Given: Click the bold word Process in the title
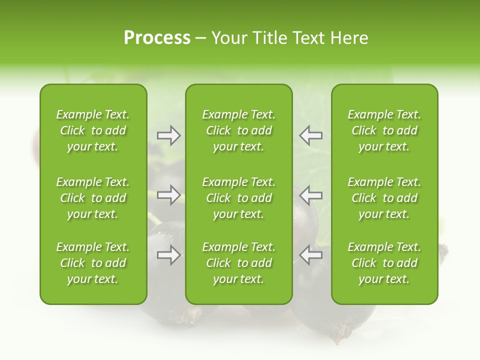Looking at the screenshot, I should [x=157, y=38].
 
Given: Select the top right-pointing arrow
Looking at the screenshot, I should [x=168, y=135].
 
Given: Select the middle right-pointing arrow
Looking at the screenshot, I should [x=168, y=194].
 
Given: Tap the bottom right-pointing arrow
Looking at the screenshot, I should [x=168, y=255].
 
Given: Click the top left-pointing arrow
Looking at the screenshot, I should [x=310, y=135].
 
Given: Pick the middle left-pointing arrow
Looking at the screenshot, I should [x=310, y=194].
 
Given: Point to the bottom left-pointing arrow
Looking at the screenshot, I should [x=310, y=255].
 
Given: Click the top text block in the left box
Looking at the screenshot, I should [x=93, y=130].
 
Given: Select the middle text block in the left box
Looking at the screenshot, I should [x=93, y=198].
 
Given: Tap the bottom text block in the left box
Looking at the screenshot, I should [x=93, y=263].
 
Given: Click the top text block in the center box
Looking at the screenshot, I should [x=238, y=130].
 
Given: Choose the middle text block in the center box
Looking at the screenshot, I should [x=238, y=198].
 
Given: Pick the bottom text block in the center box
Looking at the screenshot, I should [x=238, y=263].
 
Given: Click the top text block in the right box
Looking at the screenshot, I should [x=384, y=130].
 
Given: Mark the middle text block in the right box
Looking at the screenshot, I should [x=384, y=198].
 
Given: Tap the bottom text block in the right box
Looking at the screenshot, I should [x=384, y=263].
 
